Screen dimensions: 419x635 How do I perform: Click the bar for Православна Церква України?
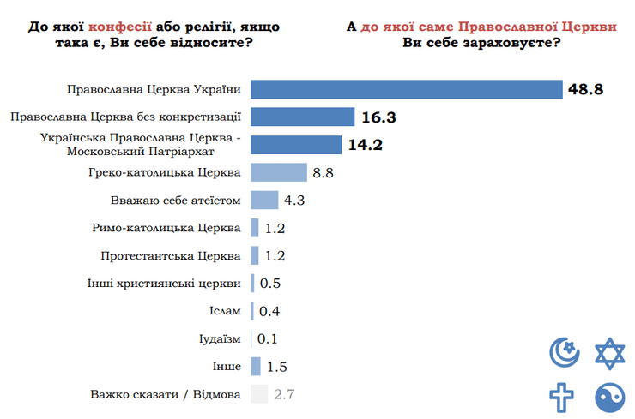coord(406,89)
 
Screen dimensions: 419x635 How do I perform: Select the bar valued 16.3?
coord(303,117)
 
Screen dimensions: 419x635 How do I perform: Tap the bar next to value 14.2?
coord(296,145)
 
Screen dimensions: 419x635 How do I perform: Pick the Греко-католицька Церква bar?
coord(279,172)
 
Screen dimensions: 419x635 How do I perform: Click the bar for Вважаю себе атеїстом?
coord(264,200)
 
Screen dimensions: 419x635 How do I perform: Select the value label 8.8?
coord(323,173)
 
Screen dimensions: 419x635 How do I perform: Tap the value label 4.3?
coord(294,201)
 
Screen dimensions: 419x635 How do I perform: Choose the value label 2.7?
coord(284,394)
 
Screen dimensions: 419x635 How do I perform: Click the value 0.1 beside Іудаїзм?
coord(268,339)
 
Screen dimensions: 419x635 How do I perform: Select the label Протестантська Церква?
coord(171,255)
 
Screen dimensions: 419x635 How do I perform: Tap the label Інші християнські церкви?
coord(164,284)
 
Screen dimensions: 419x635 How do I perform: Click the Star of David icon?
coord(610,351)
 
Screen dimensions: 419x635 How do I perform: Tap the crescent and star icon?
coord(565,351)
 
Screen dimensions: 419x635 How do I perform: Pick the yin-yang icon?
coord(610,397)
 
